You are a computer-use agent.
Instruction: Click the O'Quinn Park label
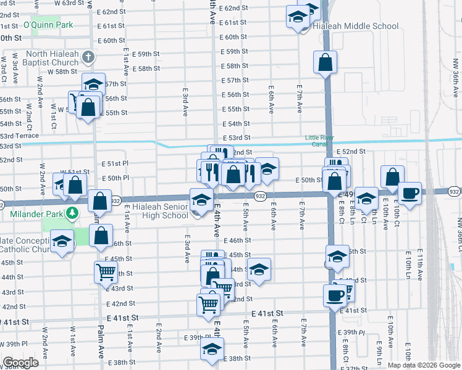tap(48, 25)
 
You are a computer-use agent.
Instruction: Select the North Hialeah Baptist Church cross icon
tap(88, 57)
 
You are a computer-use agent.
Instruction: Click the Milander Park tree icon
tap(73, 213)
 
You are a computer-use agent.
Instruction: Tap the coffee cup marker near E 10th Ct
tap(410, 192)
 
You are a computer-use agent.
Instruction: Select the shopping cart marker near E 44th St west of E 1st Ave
tap(106, 271)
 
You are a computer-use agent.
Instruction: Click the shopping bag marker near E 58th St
tap(325, 62)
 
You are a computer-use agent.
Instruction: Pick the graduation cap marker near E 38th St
tap(212, 348)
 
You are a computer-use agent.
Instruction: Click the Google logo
tap(20, 363)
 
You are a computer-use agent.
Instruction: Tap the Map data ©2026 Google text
tap(423, 365)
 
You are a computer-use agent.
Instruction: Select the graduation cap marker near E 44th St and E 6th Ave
tap(259, 268)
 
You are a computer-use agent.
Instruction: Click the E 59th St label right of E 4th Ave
tap(235, 51)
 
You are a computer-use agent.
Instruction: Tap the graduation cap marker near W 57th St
tap(93, 83)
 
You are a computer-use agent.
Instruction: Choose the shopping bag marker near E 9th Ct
tap(393, 177)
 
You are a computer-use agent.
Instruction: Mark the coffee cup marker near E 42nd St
tap(335, 294)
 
